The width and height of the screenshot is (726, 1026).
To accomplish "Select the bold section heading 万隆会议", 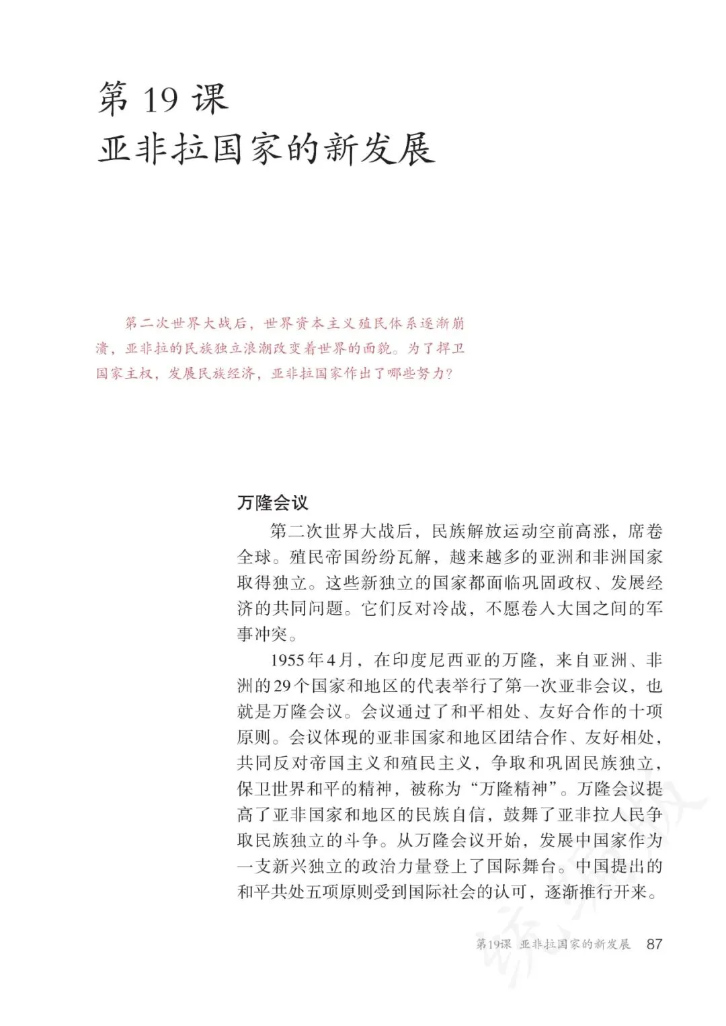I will tap(272, 503).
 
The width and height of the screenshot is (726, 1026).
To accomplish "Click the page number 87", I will tap(653, 943).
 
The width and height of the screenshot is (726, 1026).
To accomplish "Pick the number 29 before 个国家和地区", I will tap(281, 686).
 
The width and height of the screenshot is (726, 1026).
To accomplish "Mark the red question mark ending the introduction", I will tap(450, 374).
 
